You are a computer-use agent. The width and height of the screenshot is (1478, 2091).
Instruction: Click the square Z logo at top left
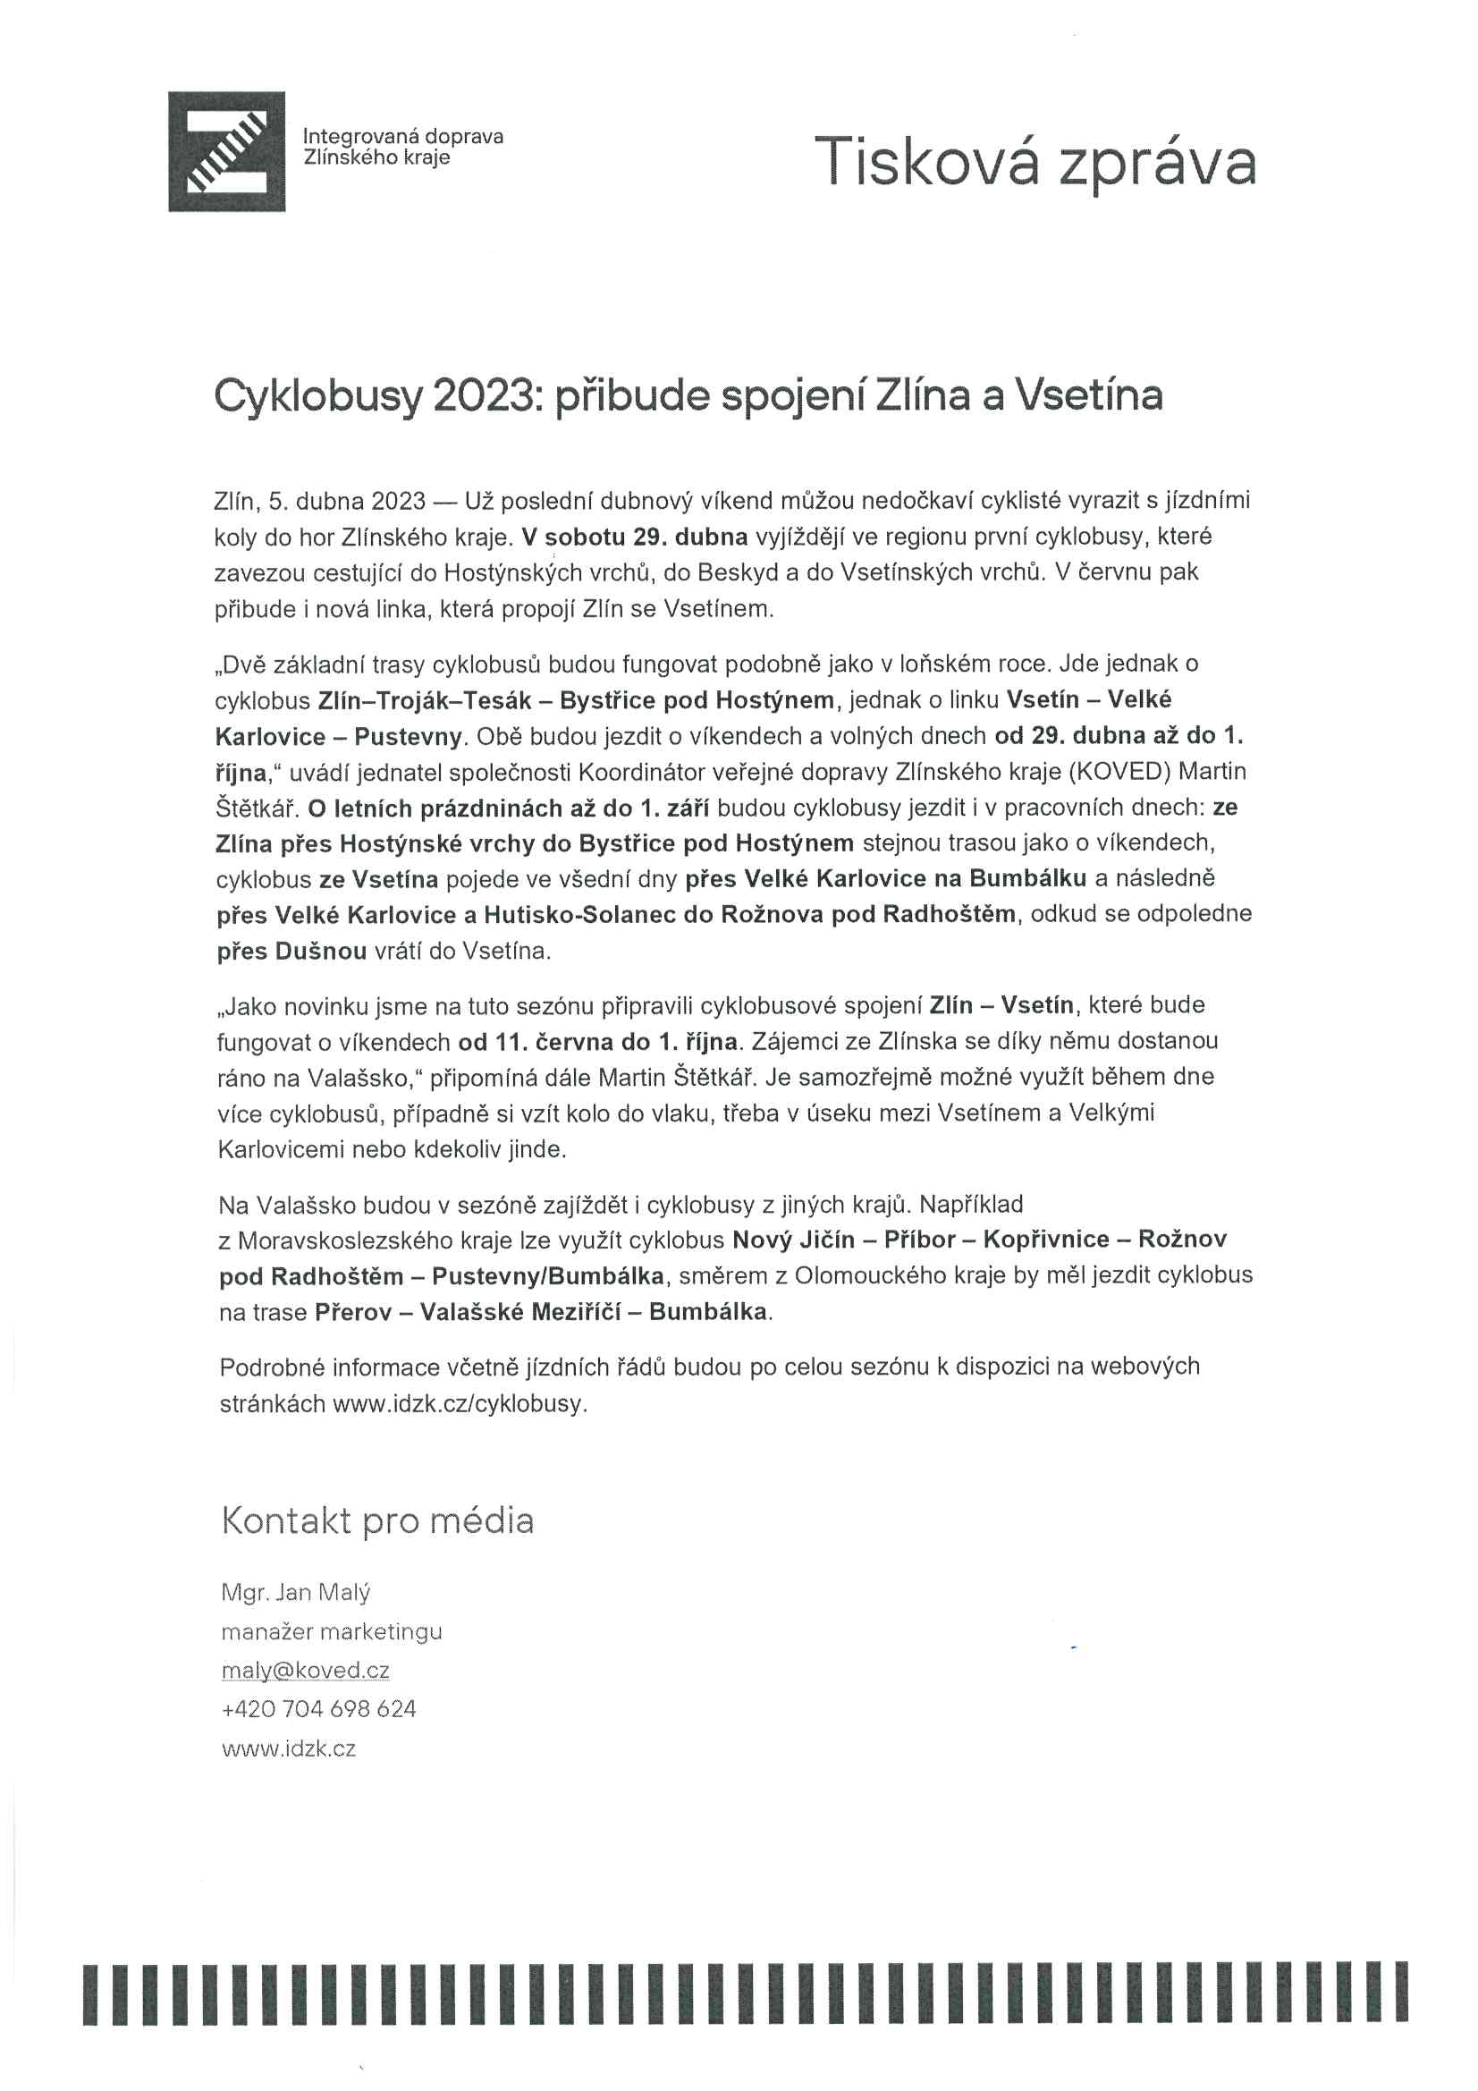point(227,151)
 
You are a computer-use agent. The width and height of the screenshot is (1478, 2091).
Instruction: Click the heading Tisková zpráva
point(1035,162)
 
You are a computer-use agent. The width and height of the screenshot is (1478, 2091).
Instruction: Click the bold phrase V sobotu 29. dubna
point(635,537)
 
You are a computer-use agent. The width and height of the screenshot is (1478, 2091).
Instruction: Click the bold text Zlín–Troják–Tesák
point(425,699)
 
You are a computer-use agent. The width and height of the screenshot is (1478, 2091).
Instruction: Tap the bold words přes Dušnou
point(291,951)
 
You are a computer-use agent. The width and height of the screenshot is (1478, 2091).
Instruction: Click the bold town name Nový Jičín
point(793,1240)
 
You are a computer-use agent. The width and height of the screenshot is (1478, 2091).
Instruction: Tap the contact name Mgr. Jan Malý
point(295,1592)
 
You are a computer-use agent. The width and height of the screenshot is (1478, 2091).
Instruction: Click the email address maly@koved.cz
point(305,1671)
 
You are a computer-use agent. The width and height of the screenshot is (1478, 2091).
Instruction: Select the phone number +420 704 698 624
point(317,1708)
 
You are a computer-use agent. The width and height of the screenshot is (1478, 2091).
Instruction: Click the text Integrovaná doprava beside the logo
point(402,137)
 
